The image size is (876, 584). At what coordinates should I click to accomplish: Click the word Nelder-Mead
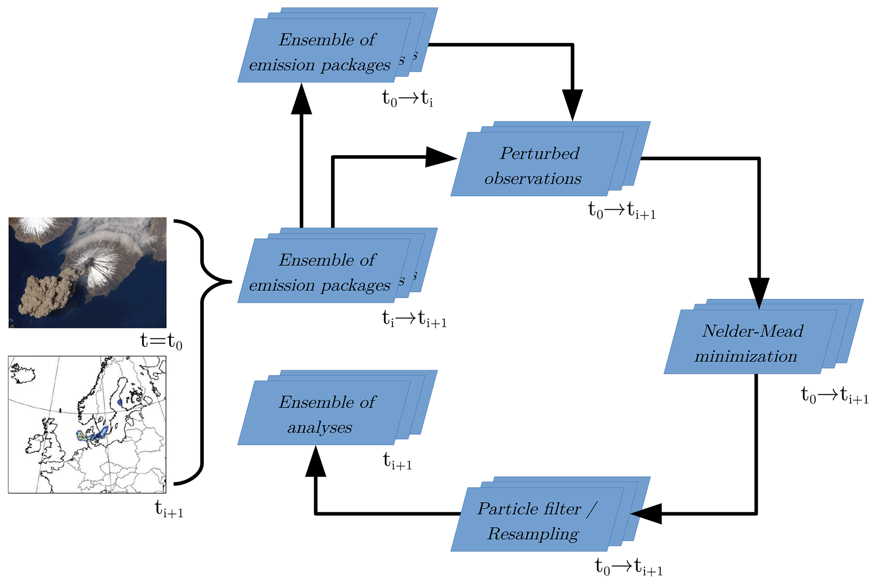(752, 331)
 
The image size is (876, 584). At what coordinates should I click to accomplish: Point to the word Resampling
(533, 534)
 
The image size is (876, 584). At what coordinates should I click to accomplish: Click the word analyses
(320, 427)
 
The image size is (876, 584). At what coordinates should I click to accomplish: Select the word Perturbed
(540, 153)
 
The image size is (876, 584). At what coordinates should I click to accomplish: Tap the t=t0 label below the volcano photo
(161, 341)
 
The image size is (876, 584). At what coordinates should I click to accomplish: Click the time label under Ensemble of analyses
(397, 461)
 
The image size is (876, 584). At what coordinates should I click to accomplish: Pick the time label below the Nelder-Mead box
(834, 395)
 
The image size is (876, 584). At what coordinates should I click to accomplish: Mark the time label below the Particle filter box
(628, 567)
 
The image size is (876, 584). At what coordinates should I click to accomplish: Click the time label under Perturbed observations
(622, 211)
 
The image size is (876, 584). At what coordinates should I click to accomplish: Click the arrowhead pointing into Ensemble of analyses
(315, 462)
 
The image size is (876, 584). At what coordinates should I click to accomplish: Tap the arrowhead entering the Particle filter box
(647, 514)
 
